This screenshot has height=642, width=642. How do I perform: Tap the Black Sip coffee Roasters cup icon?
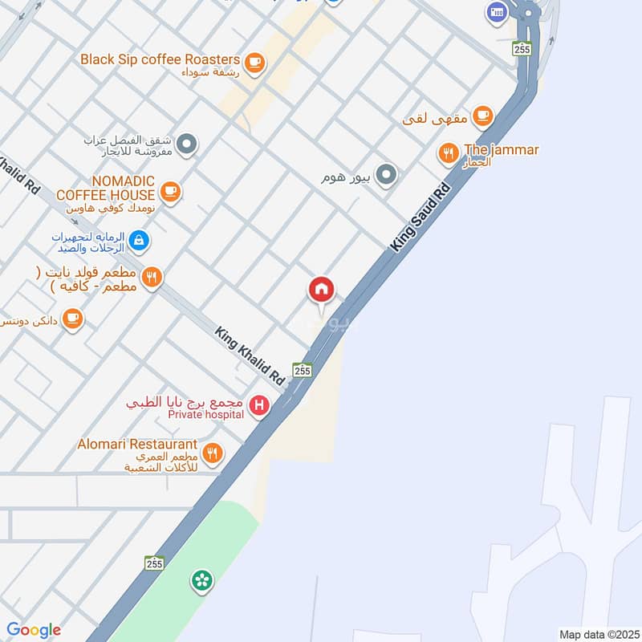pyautogui.click(x=254, y=62)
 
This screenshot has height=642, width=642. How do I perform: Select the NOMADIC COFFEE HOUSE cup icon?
pyautogui.click(x=169, y=191)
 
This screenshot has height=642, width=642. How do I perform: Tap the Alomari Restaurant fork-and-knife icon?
pyautogui.click(x=212, y=453)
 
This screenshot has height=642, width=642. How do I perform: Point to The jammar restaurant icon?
pyautogui.click(x=448, y=151)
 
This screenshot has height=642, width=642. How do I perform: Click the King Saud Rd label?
pyautogui.click(x=421, y=218)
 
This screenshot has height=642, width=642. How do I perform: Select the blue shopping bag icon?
pyautogui.click(x=139, y=239)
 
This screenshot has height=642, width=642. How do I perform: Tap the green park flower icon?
pyautogui.click(x=201, y=579)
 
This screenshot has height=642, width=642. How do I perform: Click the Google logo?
pyautogui.click(x=33, y=630)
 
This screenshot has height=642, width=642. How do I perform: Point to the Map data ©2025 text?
pyautogui.click(x=598, y=634)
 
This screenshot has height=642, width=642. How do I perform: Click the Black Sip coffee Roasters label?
pyautogui.click(x=160, y=59)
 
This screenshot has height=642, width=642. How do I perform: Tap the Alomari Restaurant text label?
pyautogui.click(x=137, y=444)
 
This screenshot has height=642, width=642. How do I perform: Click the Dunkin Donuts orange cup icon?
pyautogui.click(x=73, y=319)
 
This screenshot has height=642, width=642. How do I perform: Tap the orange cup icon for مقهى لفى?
pyautogui.click(x=482, y=117)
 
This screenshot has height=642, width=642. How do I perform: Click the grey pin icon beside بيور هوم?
pyautogui.click(x=387, y=174)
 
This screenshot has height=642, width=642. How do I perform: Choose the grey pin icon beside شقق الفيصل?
pyautogui.click(x=186, y=144)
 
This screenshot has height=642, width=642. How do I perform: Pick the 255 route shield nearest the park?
pyautogui.click(x=154, y=563)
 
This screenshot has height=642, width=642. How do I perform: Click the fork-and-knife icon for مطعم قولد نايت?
pyautogui.click(x=152, y=278)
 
